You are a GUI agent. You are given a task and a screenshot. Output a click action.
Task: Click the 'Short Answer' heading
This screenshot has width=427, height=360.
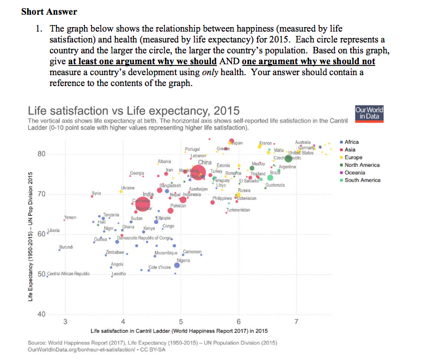click(x=49, y=11)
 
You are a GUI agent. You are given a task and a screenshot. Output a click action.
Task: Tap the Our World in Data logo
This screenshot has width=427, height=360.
click(x=369, y=113)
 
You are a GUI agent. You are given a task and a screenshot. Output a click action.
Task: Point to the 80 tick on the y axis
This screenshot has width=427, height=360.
click(x=41, y=154)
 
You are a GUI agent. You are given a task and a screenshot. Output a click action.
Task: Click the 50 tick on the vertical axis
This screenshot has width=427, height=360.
click(x=41, y=274)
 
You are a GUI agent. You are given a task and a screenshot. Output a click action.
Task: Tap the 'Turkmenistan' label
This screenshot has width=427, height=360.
click(x=237, y=210)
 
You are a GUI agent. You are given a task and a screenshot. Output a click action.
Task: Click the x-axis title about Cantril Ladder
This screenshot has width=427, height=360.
click(x=179, y=331)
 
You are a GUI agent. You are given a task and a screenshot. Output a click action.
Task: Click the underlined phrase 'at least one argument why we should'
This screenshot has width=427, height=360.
click(x=143, y=62)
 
